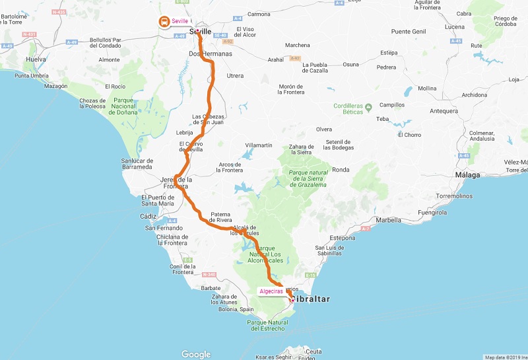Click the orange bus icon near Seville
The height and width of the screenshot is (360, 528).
pyautogui.click(x=162, y=21)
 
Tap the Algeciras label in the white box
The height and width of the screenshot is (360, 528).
pyautogui.click(x=271, y=291)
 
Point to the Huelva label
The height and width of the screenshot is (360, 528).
pyautogui.click(x=35, y=59)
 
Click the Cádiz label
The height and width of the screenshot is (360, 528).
pyautogui.click(x=148, y=216)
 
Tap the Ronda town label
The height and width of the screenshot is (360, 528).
pyautogui.click(x=341, y=170)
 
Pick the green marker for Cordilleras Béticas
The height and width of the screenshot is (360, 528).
pyautogui.click(x=369, y=106)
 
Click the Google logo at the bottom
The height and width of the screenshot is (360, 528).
pyautogui.click(x=196, y=354)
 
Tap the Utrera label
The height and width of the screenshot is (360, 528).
pyautogui.click(x=235, y=76)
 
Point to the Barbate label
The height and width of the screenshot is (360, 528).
pyautogui.click(x=211, y=288)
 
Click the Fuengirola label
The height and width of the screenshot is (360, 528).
pyautogui.click(x=432, y=213)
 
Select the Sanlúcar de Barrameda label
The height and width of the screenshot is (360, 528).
pyautogui.click(x=137, y=164)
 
